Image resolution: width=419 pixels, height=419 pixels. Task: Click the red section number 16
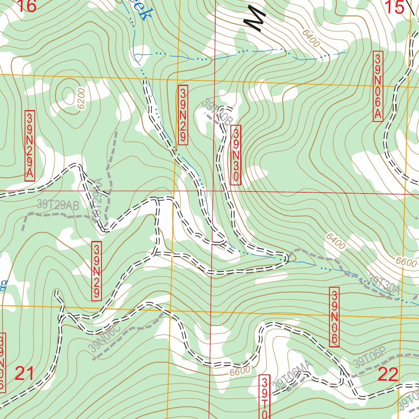pyautogui.click(x=27, y=6)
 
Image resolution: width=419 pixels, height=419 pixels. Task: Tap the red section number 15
pyautogui.click(x=394, y=7)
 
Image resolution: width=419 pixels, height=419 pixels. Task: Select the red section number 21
pyautogui.click(x=25, y=374)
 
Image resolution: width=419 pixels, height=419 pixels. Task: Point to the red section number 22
pyautogui.click(x=388, y=374)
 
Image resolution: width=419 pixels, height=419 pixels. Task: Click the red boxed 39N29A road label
pyautogui.click(x=30, y=145)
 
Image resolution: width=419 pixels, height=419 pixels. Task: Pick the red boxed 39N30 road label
pyautogui.click(x=236, y=155)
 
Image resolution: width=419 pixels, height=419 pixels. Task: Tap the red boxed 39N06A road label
pyautogui.click(x=378, y=86)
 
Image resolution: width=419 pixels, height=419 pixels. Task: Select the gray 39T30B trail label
pyautogui.click(x=217, y=112)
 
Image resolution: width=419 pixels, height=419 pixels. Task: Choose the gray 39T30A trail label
pyautogui.click(x=383, y=284)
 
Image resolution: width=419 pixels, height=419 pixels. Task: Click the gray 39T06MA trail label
pyautogui.click(x=293, y=376)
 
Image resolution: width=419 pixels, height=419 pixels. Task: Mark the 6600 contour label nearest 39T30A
pyautogui.click(x=405, y=263)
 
